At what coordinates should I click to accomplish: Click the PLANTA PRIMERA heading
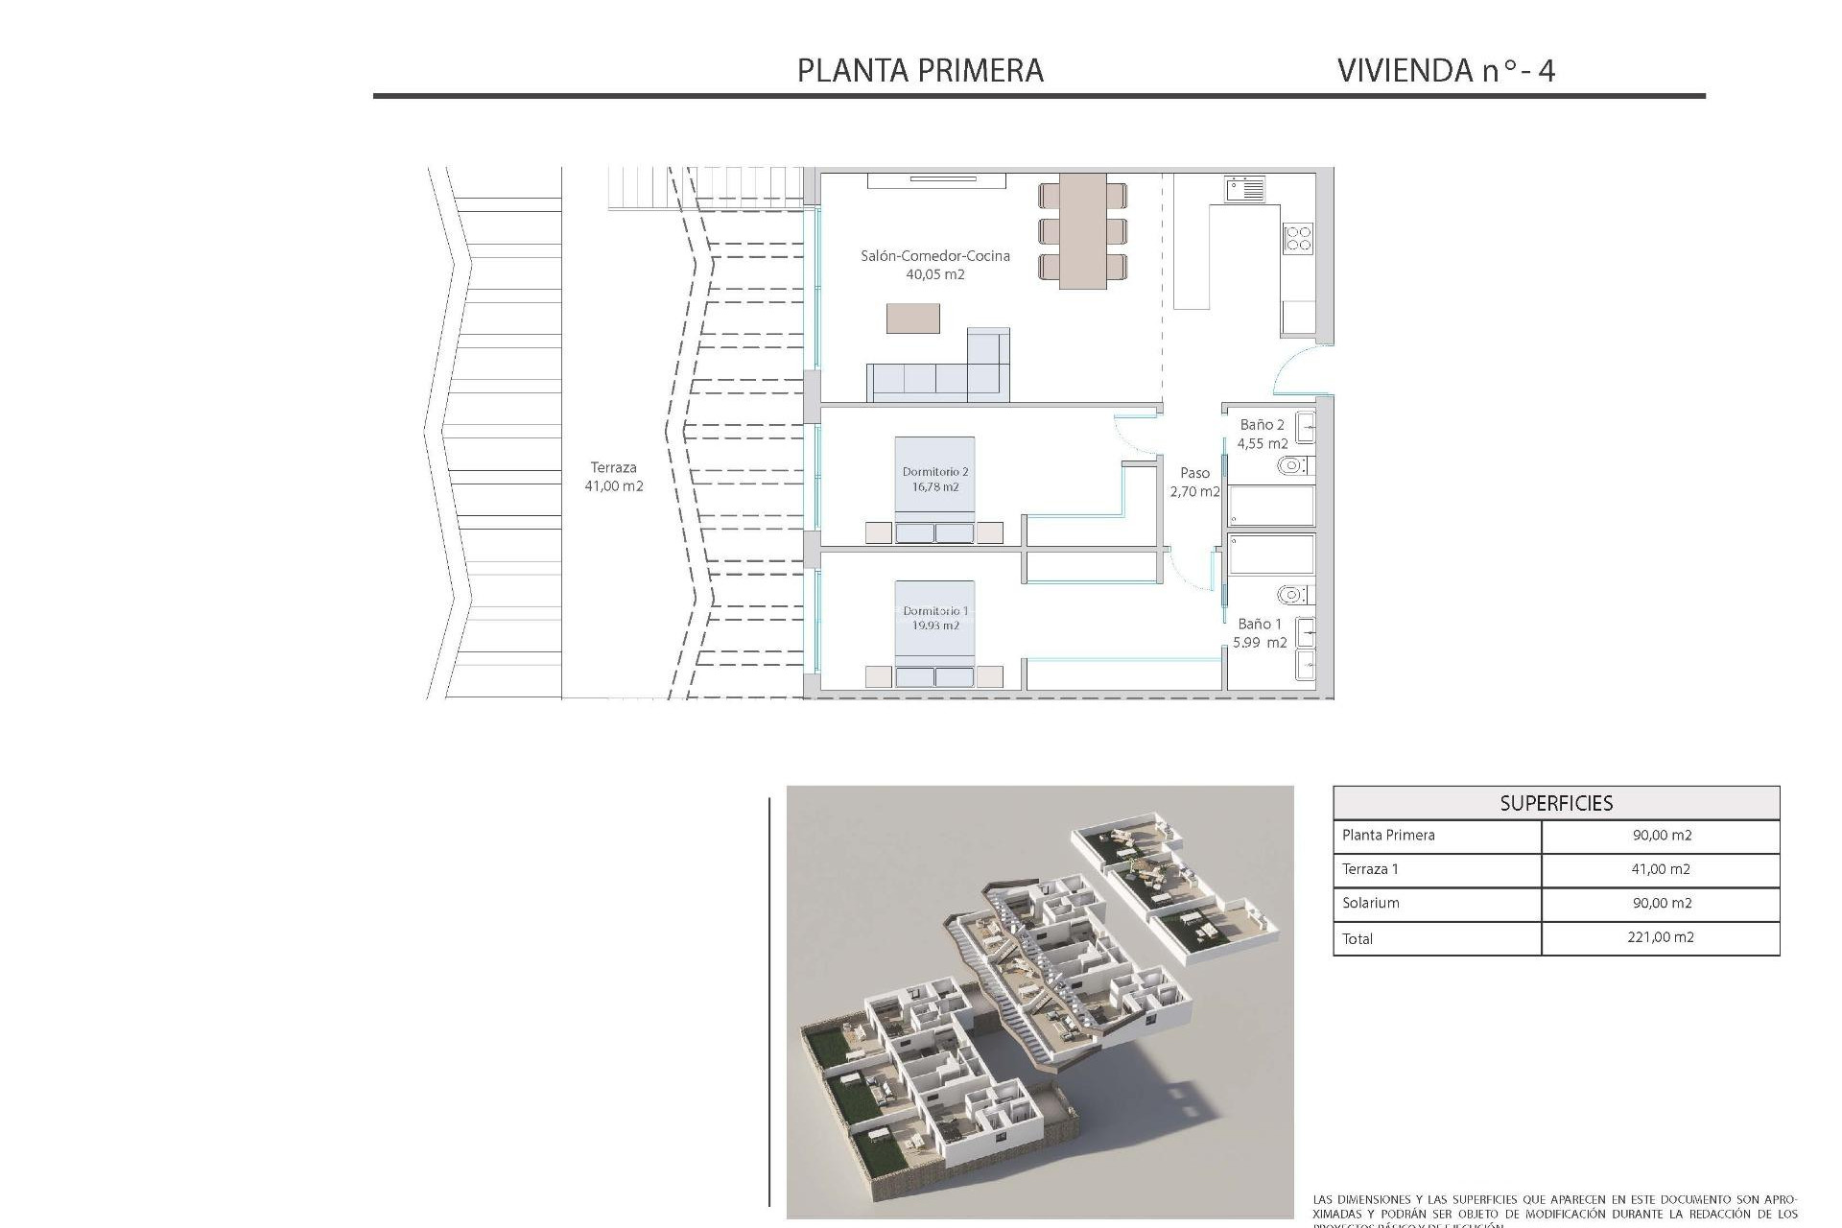pos(920,70)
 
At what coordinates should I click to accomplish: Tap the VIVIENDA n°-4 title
pos(1445,70)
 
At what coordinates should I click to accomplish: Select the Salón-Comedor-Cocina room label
pos(934,255)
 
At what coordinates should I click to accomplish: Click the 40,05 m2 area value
pos(934,274)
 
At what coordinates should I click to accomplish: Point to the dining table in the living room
pos(1082,231)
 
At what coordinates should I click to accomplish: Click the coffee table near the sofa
pos(912,319)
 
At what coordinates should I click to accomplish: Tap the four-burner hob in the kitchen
pos(1298,238)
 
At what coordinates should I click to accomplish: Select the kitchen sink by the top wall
pos(1244,188)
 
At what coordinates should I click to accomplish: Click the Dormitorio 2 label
pos(934,472)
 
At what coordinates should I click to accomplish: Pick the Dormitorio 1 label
pos(934,611)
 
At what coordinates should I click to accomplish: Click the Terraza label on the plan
pos(613,467)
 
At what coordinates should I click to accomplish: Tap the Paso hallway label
pos(1194,473)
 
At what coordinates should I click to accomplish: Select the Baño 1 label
pos(1259,624)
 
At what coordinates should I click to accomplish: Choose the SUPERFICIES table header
pos(1556,803)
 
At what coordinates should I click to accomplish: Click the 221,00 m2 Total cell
pos(1661,937)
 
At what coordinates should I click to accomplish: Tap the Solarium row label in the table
pos(1370,903)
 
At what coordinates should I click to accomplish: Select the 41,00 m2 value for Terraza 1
pos(1661,869)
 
